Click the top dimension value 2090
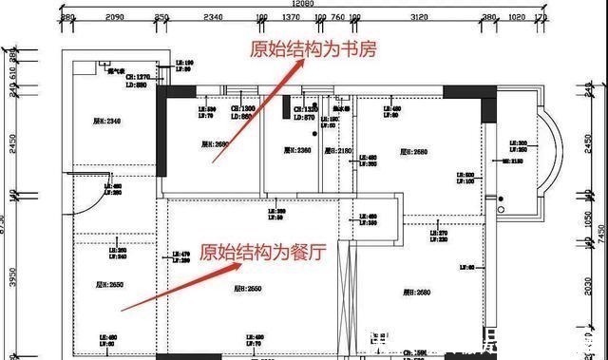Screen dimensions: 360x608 114,18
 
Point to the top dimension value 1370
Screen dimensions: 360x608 291,18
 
